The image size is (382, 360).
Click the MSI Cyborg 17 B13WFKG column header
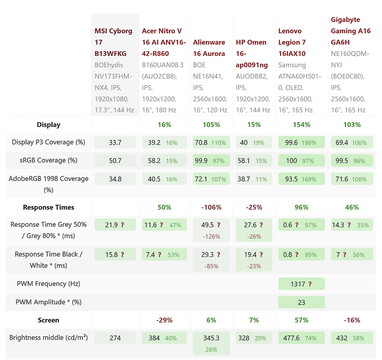click(x=114, y=42)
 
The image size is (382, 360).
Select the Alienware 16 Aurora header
click(x=209, y=48)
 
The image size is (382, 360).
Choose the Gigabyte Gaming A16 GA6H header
click(x=350, y=31)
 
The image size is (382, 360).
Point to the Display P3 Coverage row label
click(x=49, y=142)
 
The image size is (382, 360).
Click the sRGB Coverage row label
click(x=49, y=160)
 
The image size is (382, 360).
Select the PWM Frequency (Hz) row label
click(x=49, y=284)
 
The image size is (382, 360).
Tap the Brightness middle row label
click(x=49, y=338)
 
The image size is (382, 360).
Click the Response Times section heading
click(x=49, y=207)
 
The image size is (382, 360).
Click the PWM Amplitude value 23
click(x=301, y=302)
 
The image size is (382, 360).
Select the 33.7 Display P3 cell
click(x=115, y=143)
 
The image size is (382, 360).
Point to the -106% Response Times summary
click(x=211, y=207)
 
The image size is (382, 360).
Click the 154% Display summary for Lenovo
click(x=301, y=125)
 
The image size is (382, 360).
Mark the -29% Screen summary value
click(x=164, y=320)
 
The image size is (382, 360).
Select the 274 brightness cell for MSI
click(x=115, y=338)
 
